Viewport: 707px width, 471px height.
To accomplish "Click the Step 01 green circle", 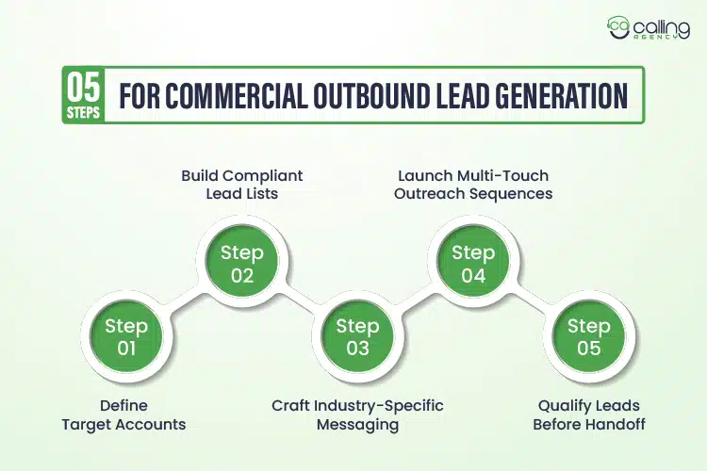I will click(x=126, y=337).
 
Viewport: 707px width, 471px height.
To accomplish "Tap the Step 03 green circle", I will click(x=357, y=337).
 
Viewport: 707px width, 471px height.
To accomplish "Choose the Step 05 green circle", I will click(x=588, y=337).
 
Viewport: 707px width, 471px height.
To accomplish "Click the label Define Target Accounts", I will click(x=123, y=414).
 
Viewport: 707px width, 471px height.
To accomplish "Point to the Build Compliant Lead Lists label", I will click(x=243, y=184).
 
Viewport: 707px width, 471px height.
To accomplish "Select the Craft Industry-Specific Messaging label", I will click(x=357, y=414).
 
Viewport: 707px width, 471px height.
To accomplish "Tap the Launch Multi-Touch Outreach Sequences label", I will click(x=473, y=184).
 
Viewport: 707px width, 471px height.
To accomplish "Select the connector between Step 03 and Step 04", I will click(x=415, y=300).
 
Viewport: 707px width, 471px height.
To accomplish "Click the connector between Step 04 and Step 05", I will click(x=531, y=300).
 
